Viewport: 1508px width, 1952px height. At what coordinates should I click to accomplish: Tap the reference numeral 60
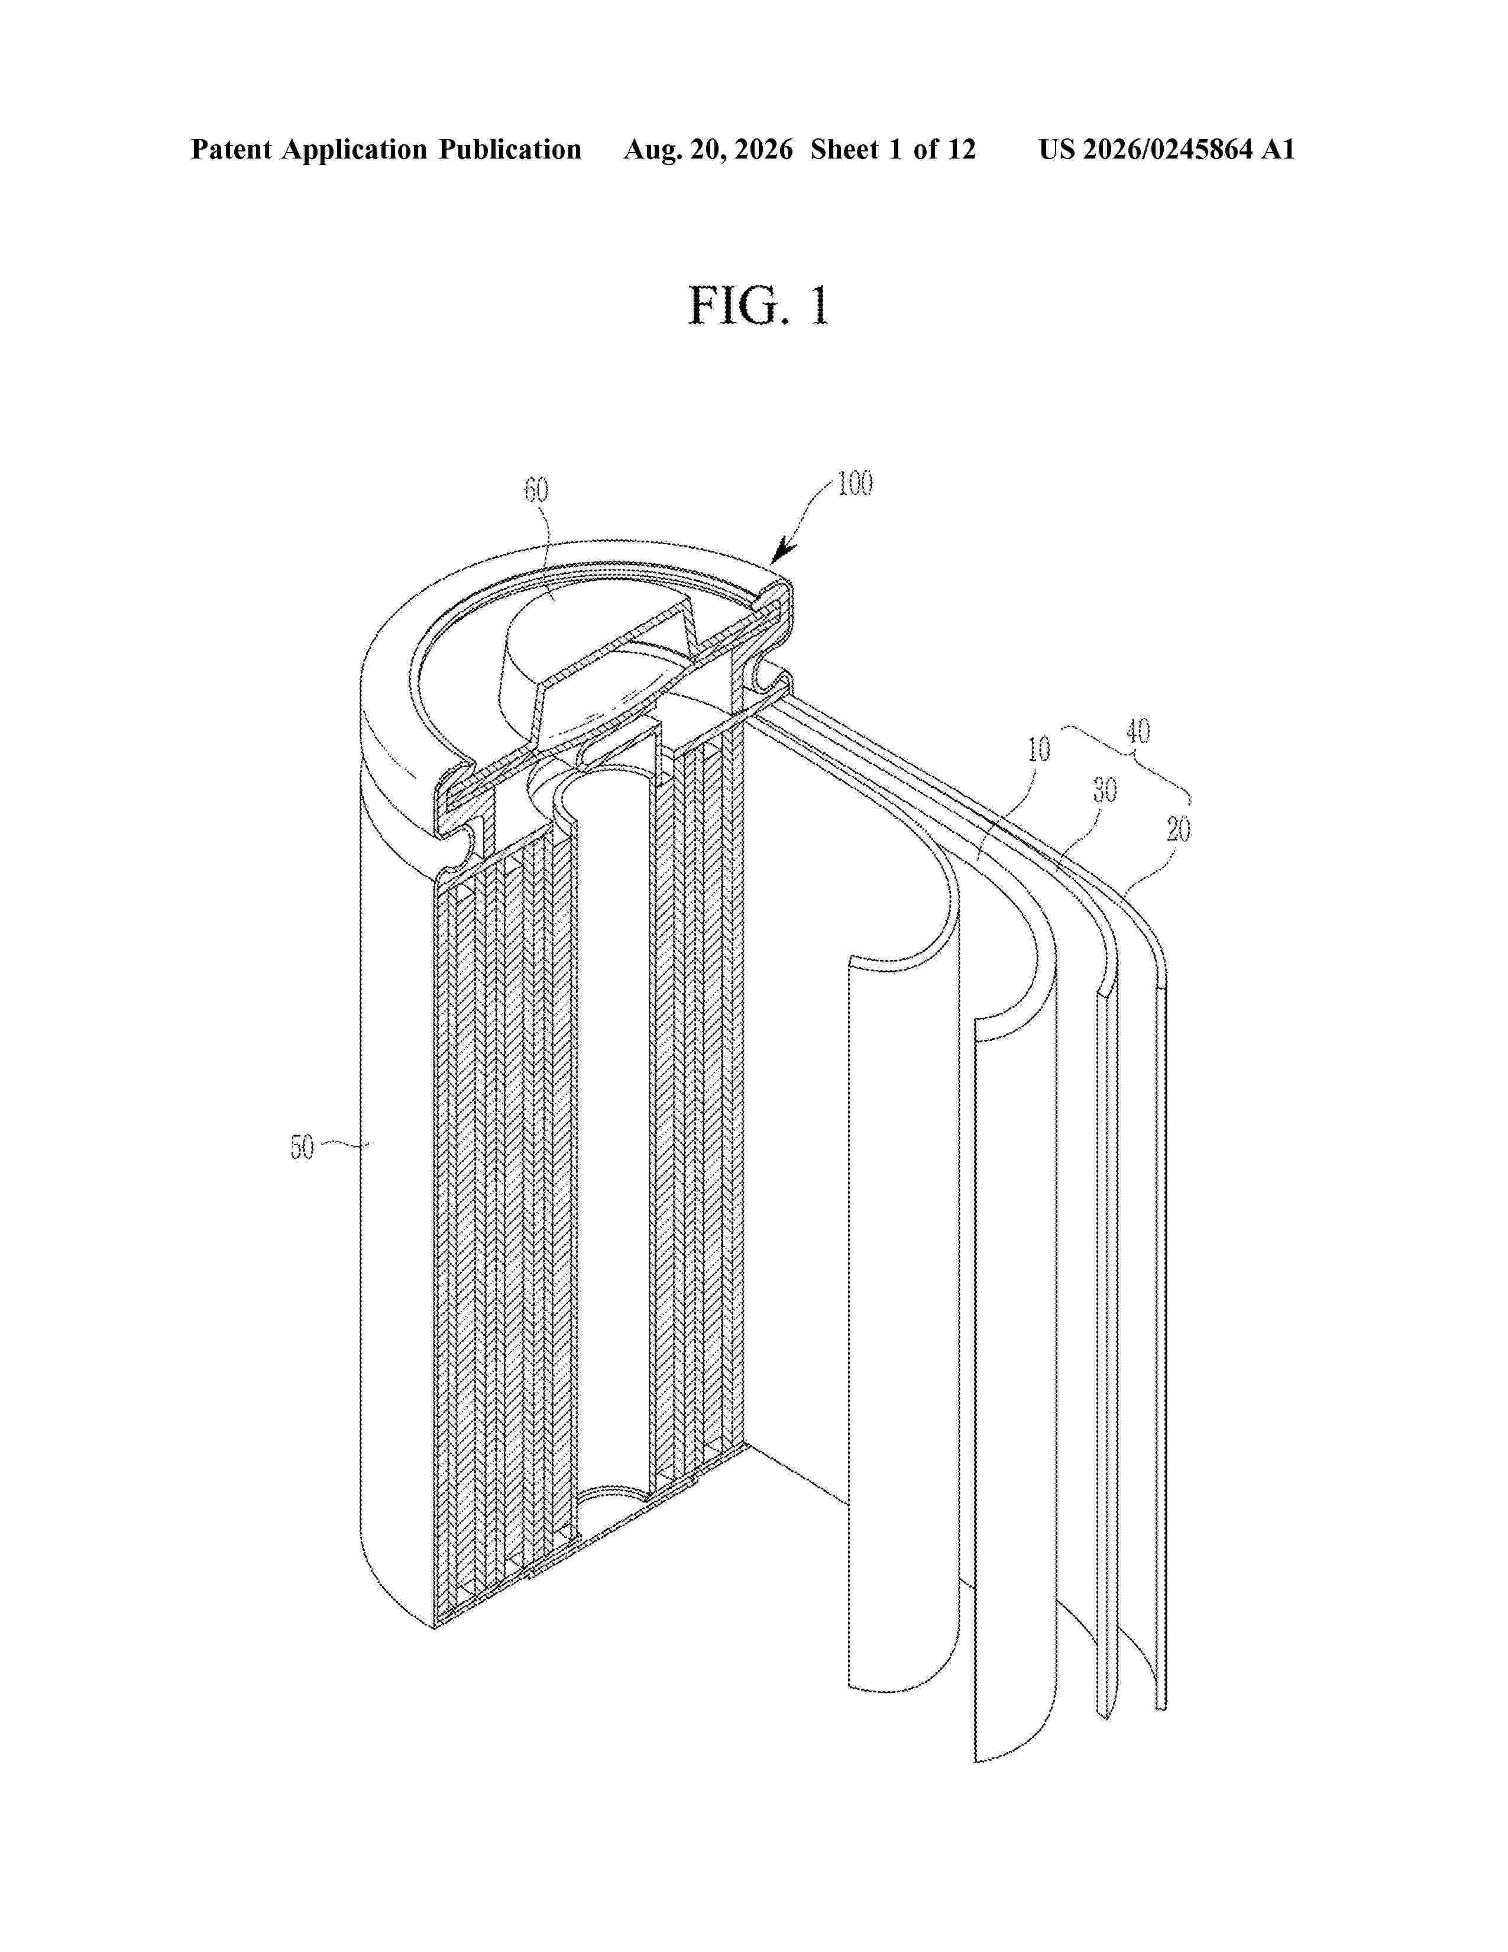pyautogui.click(x=536, y=491)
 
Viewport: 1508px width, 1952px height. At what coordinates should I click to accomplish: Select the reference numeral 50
pyautogui.click(x=302, y=1148)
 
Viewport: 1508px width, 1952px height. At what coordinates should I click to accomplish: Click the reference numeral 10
pyautogui.click(x=1038, y=749)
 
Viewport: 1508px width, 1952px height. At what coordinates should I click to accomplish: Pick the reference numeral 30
pyautogui.click(x=1105, y=790)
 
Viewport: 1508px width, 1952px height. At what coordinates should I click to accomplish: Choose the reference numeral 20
pyautogui.click(x=1179, y=830)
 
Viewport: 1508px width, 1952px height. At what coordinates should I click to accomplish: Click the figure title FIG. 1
pyautogui.click(x=759, y=306)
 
